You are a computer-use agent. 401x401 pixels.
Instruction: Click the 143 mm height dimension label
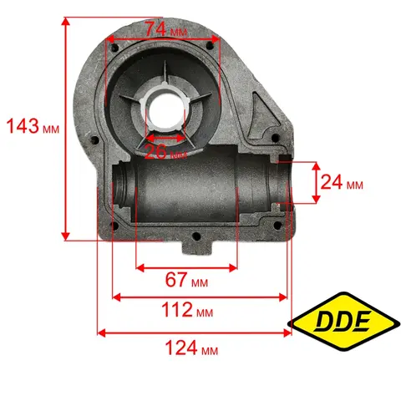coord(33,126)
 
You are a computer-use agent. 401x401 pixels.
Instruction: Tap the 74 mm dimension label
coord(166,29)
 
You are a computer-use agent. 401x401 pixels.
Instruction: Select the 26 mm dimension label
coord(165,152)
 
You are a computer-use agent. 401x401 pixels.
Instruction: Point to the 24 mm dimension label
coord(342,182)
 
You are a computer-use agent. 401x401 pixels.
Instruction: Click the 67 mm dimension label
coord(186,280)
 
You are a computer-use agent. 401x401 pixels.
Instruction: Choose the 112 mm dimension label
coord(187,310)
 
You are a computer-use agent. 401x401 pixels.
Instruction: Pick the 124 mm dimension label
coord(191,348)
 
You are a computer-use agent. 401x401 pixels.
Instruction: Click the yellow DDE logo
coord(344,322)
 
